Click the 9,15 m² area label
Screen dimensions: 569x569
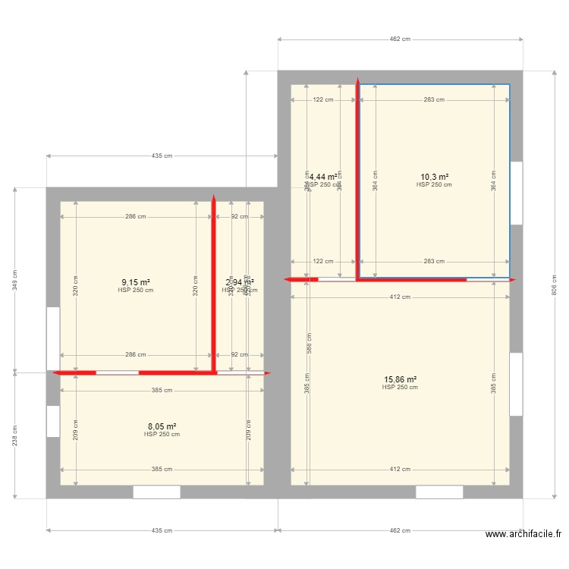point(136,283)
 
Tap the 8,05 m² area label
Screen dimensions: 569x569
point(162,427)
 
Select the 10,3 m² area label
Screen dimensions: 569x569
point(434,177)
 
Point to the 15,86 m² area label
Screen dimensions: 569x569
point(400,379)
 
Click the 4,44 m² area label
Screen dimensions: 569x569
point(323,177)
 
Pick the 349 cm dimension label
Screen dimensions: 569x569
point(14,281)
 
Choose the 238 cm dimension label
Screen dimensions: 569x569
point(14,435)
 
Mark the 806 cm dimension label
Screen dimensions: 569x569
point(552,284)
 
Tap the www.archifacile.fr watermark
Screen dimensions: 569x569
point(523,534)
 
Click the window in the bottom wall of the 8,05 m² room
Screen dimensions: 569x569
point(157,492)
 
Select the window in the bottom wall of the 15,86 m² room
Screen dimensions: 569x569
point(439,492)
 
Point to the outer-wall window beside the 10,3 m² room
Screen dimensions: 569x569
point(516,193)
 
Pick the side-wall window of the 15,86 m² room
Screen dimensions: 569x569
point(516,384)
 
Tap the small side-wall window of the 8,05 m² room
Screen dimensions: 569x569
point(53,421)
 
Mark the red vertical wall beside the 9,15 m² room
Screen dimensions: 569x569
point(214,285)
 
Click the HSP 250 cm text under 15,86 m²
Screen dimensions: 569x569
point(400,388)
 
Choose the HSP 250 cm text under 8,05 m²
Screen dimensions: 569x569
point(162,435)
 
